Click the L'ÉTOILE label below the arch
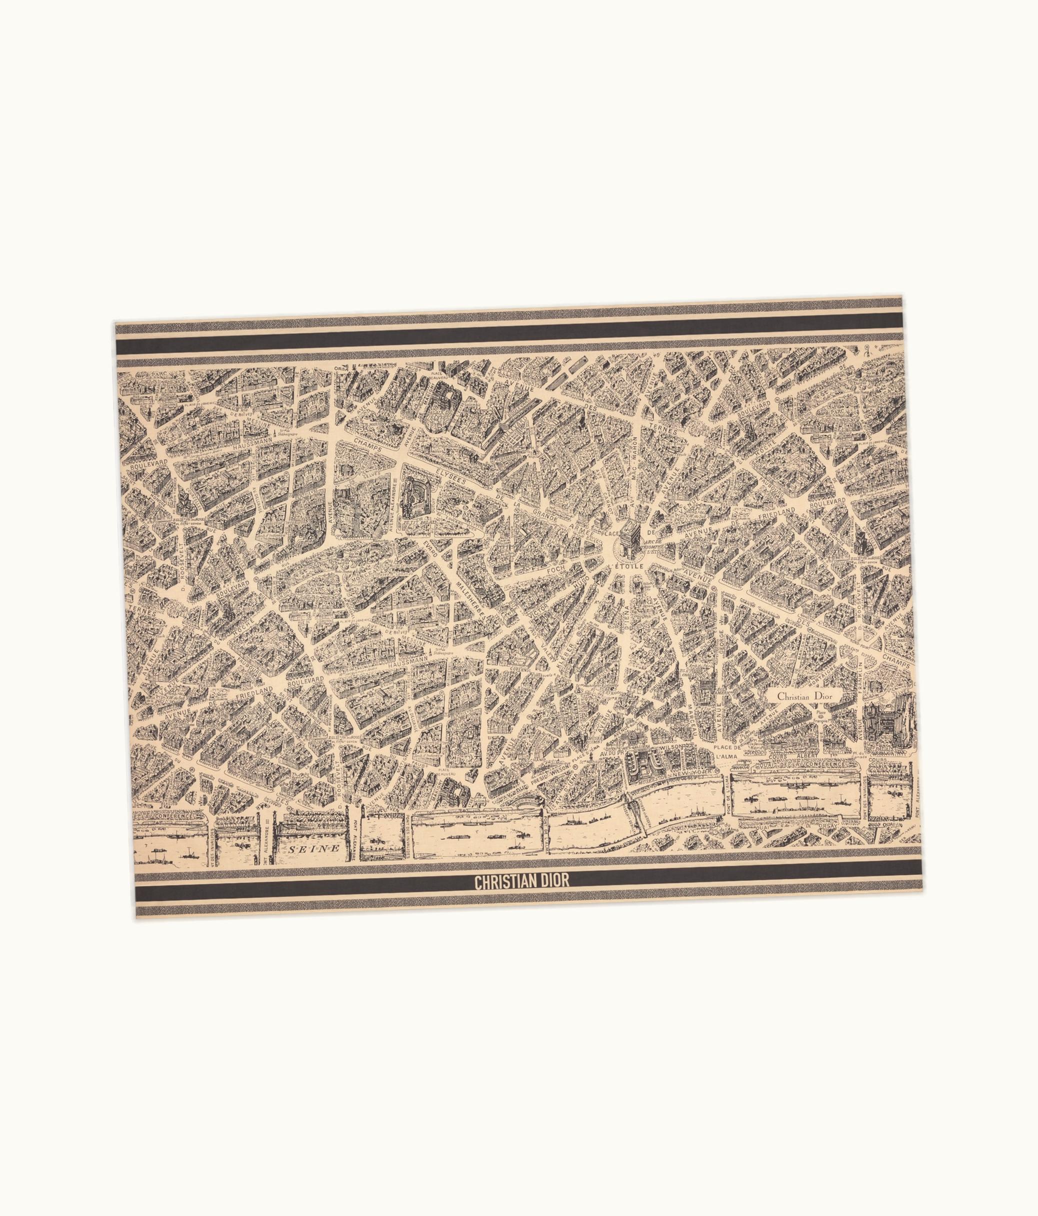coord(626,565)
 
